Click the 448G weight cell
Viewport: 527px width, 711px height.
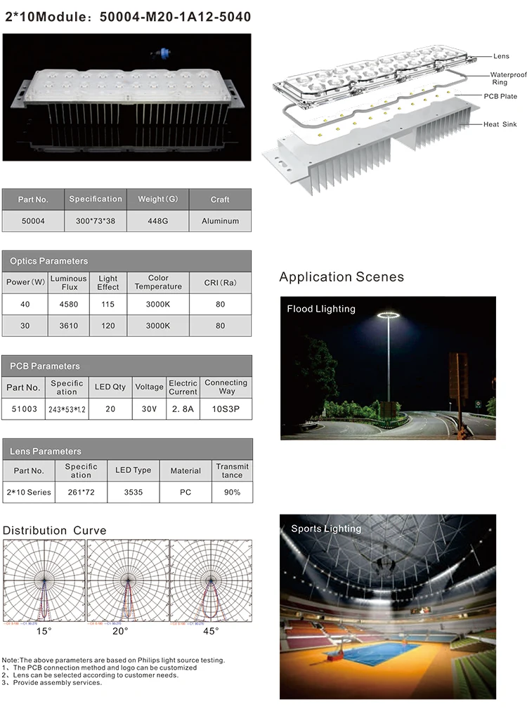click(x=158, y=220)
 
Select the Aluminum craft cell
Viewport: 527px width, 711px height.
click(x=220, y=220)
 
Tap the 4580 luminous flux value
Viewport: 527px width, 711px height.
click(x=68, y=305)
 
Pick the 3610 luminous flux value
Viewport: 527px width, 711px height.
click(x=68, y=326)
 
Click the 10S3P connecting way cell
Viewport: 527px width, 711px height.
click(x=226, y=408)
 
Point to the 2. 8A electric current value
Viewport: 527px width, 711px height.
click(x=183, y=408)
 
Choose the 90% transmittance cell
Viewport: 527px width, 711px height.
click(x=232, y=492)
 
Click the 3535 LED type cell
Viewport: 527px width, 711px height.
click(x=133, y=492)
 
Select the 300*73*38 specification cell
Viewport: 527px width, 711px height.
click(x=96, y=220)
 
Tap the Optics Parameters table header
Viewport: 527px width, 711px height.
click(x=49, y=261)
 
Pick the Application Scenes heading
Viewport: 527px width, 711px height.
click(x=341, y=277)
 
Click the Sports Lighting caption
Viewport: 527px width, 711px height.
click(x=326, y=529)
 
